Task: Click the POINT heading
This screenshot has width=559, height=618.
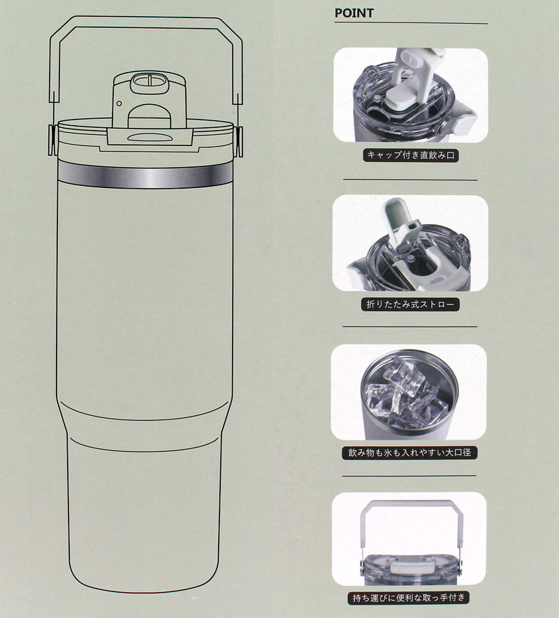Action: point(354,13)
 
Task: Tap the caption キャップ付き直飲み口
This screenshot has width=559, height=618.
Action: point(410,155)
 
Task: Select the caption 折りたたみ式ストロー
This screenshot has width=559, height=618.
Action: point(410,304)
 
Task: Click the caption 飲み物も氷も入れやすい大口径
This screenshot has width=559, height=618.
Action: point(409,452)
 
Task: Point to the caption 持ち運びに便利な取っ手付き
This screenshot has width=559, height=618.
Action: point(409,598)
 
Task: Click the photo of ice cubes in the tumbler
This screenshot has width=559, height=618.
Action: point(409,392)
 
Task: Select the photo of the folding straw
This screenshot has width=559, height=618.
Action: point(410,243)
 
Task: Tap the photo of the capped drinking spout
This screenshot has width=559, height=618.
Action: point(410,94)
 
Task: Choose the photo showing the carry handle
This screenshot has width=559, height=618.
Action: point(409,539)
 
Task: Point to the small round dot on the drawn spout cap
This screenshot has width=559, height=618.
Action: point(119,103)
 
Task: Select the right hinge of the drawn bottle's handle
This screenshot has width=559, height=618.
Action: point(238,141)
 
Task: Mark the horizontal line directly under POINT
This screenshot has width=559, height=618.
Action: point(411,24)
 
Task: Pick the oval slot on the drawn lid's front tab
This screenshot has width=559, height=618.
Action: point(149,137)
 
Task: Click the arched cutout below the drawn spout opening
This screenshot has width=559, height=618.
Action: point(150,115)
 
